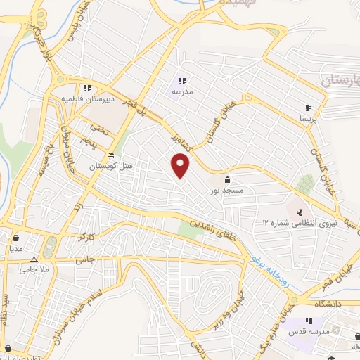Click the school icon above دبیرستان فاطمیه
(x=87, y=89)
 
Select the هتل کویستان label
(x=108, y=166)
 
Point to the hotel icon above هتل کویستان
(x=109, y=155)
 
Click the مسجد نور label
(x=227, y=191)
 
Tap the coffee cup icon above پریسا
(x=307, y=108)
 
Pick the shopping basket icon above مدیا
(x=15, y=237)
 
